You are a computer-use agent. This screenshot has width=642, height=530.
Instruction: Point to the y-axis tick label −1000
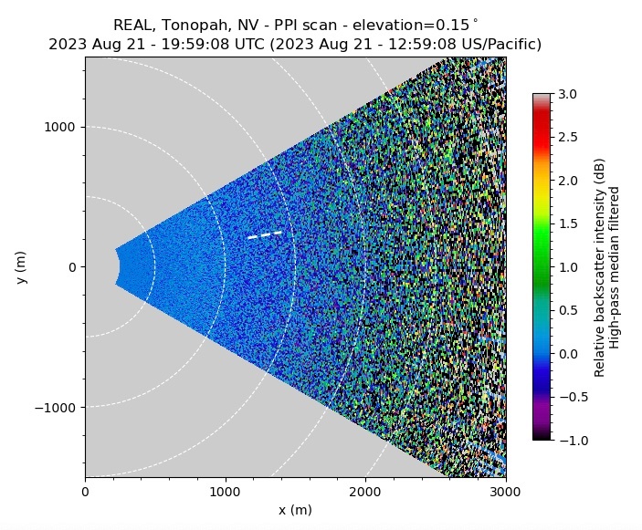point(58,407)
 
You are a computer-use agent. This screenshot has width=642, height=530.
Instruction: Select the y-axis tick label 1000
point(64,128)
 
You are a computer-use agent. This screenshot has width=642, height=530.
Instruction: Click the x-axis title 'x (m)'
point(295,510)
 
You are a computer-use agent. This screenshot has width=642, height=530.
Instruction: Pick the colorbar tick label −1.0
point(566,441)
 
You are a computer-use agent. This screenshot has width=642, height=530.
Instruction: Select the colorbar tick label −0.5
point(566,398)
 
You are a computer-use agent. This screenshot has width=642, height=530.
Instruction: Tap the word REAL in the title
point(132,25)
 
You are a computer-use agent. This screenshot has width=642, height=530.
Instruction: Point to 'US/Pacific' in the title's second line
point(501,44)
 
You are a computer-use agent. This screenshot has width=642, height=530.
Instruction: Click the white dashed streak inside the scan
point(264,235)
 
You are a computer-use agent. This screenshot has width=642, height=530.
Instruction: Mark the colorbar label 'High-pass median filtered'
point(615,266)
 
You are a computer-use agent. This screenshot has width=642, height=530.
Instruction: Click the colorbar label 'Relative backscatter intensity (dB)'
point(600,266)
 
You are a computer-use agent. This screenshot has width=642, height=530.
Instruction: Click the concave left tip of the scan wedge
point(120,266)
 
